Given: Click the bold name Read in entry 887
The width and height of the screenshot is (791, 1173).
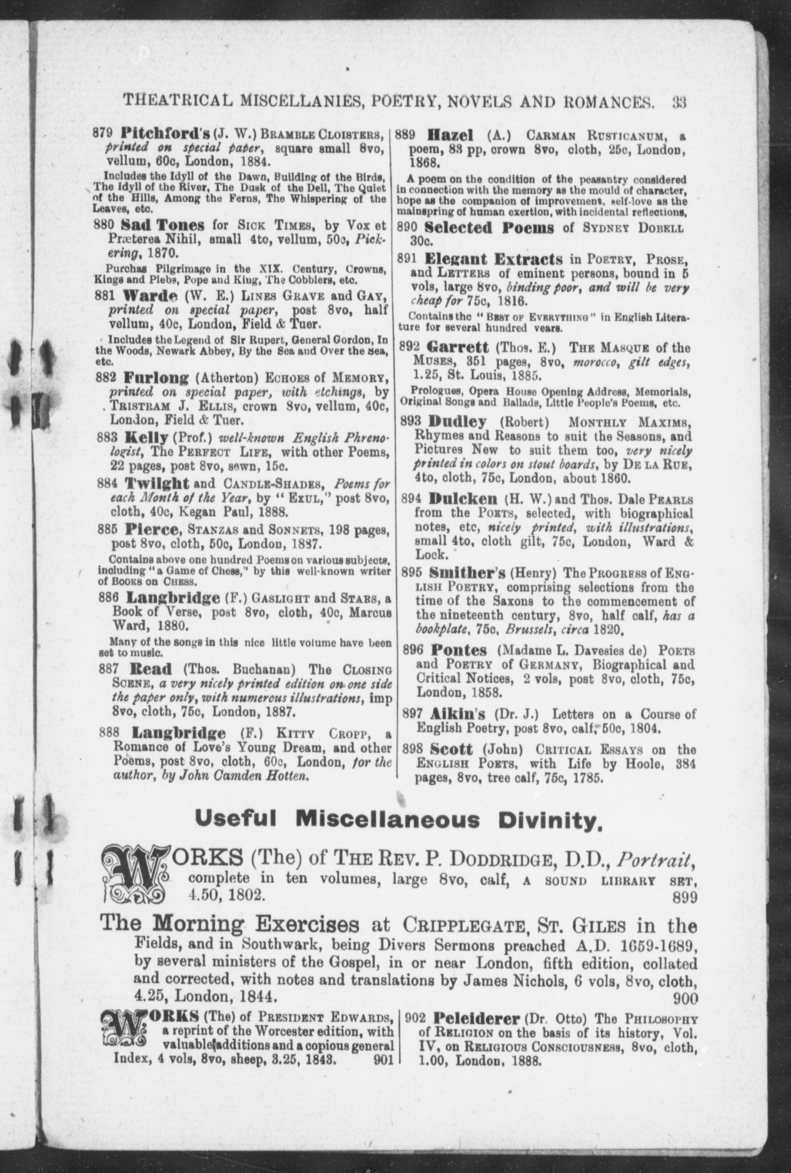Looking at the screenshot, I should point(151,670).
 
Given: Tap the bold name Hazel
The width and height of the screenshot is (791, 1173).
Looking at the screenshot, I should point(449,135).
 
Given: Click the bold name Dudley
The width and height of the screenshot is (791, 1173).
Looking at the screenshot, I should point(457,421).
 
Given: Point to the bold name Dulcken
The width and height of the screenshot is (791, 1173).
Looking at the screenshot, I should point(463,499).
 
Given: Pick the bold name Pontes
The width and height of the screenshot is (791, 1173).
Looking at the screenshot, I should point(459,651).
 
